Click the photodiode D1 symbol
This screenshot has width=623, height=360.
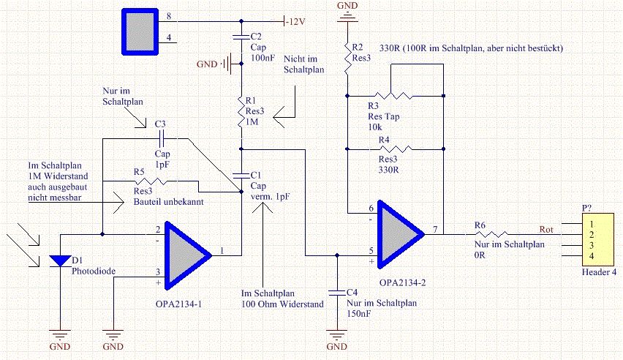(x=61, y=261)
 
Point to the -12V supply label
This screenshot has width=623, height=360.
(x=295, y=22)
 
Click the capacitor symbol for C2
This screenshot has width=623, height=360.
(x=241, y=37)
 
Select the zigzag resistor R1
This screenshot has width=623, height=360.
(x=241, y=112)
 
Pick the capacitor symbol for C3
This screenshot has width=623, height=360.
(x=162, y=138)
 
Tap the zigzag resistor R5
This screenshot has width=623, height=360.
(x=151, y=181)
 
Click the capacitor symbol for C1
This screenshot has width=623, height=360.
(x=241, y=175)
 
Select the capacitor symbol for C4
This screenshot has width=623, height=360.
(x=337, y=293)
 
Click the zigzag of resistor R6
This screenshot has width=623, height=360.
(x=491, y=234)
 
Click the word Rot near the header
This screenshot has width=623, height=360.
(x=546, y=230)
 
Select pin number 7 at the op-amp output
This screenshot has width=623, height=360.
(x=436, y=230)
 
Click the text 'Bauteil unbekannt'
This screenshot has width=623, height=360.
(x=168, y=202)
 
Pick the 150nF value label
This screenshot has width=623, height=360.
(x=359, y=313)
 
